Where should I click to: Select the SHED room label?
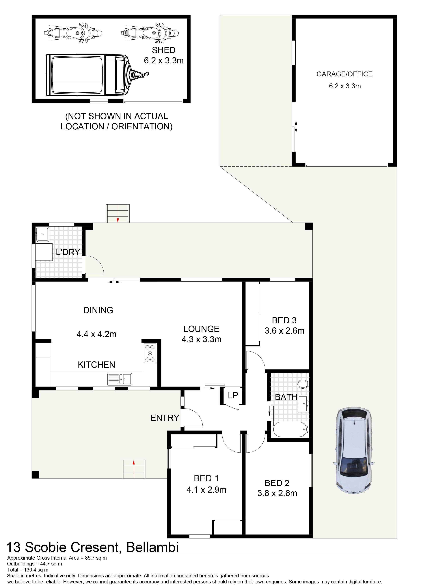(x=164, y=50)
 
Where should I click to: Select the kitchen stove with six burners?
(x=150, y=353)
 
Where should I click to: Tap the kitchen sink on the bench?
(x=120, y=379)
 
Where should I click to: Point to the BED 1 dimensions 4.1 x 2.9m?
(x=206, y=490)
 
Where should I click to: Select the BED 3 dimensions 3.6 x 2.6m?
(x=284, y=330)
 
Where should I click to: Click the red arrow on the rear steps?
(x=118, y=220)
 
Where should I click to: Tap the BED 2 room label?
(x=277, y=483)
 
